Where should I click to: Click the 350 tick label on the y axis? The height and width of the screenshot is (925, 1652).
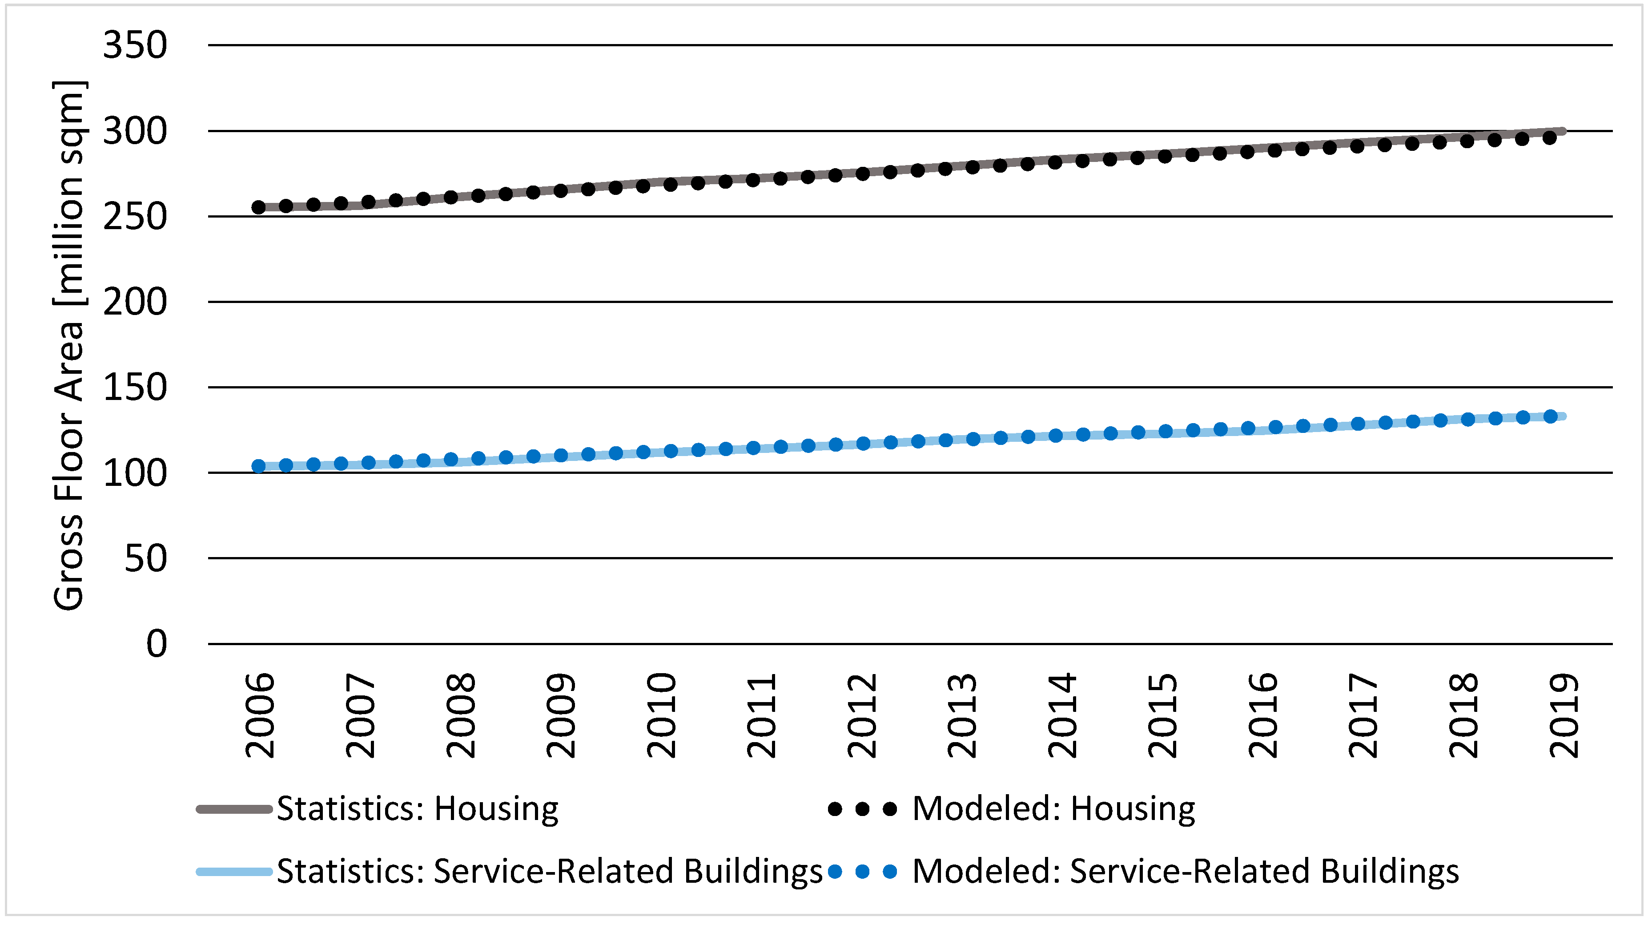click(x=135, y=45)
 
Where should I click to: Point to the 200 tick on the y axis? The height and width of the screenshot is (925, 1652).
click(x=135, y=302)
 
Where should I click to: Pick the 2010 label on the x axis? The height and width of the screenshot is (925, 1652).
click(x=661, y=715)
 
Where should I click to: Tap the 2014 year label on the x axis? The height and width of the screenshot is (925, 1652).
click(x=1062, y=715)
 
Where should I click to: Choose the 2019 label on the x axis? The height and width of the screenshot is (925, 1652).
click(x=1564, y=715)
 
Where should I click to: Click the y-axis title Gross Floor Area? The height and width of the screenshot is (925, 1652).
click(x=68, y=347)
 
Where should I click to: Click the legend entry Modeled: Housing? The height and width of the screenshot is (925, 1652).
click(x=1053, y=808)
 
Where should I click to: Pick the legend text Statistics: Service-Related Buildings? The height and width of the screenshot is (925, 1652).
click(x=549, y=871)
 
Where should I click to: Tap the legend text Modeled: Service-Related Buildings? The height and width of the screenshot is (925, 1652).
click(x=1185, y=871)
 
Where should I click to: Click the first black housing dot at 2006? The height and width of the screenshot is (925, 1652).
click(x=258, y=207)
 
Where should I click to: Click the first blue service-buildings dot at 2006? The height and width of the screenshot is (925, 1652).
click(x=258, y=466)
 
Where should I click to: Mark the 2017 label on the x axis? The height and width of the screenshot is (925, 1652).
click(x=1363, y=715)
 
